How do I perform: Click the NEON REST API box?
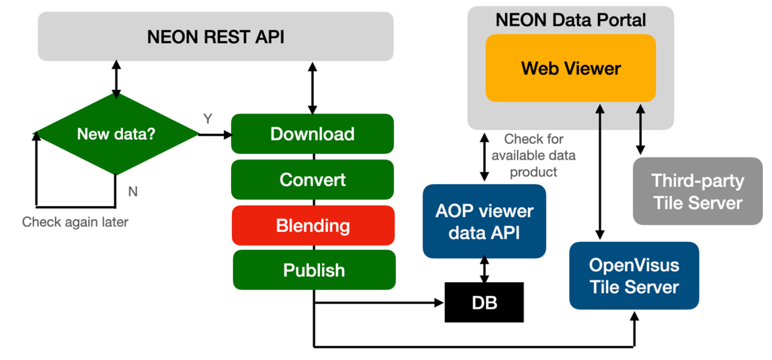coord(215,37)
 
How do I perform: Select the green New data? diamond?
coord(116,134)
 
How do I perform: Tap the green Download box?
coord(312,134)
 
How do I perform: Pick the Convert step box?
coord(312,179)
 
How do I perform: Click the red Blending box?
coord(312,225)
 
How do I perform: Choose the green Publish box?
coord(314,270)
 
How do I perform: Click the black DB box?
coord(484,303)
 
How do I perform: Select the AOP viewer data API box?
coord(484,222)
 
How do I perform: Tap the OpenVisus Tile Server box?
coord(633,276)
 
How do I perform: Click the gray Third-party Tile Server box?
coord(697,192)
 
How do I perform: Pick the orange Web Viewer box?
coord(570,68)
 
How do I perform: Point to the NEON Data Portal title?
coord(570,20)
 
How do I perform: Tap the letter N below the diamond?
coord(133,192)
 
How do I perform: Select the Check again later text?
coord(75,222)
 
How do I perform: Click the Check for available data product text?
coord(534,155)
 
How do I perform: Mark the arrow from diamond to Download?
coord(215,135)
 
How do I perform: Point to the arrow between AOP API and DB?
coord(485,269)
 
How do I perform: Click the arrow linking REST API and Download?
coord(312,88)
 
